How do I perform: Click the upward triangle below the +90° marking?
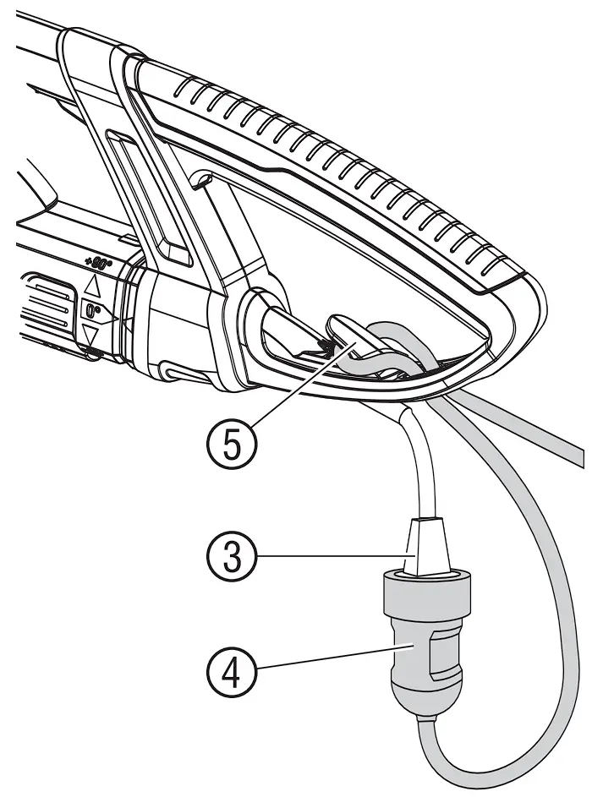92,287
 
